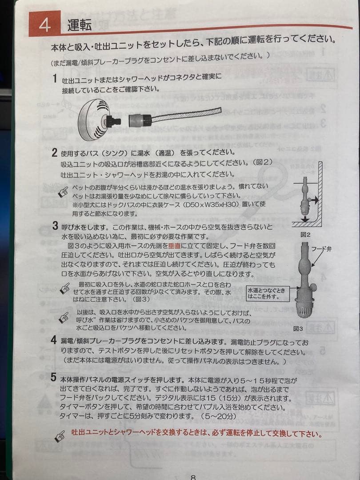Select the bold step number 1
[x=55, y=79]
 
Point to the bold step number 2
[x=54, y=153]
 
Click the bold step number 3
[x=55, y=226]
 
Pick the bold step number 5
[x=53, y=378]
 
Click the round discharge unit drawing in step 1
[x=95, y=119]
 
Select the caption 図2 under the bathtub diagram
[x=304, y=234]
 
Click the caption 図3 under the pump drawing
[x=298, y=329]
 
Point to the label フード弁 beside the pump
[x=321, y=249]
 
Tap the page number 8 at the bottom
[x=193, y=477]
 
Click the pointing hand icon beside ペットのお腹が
[x=64, y=192]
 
